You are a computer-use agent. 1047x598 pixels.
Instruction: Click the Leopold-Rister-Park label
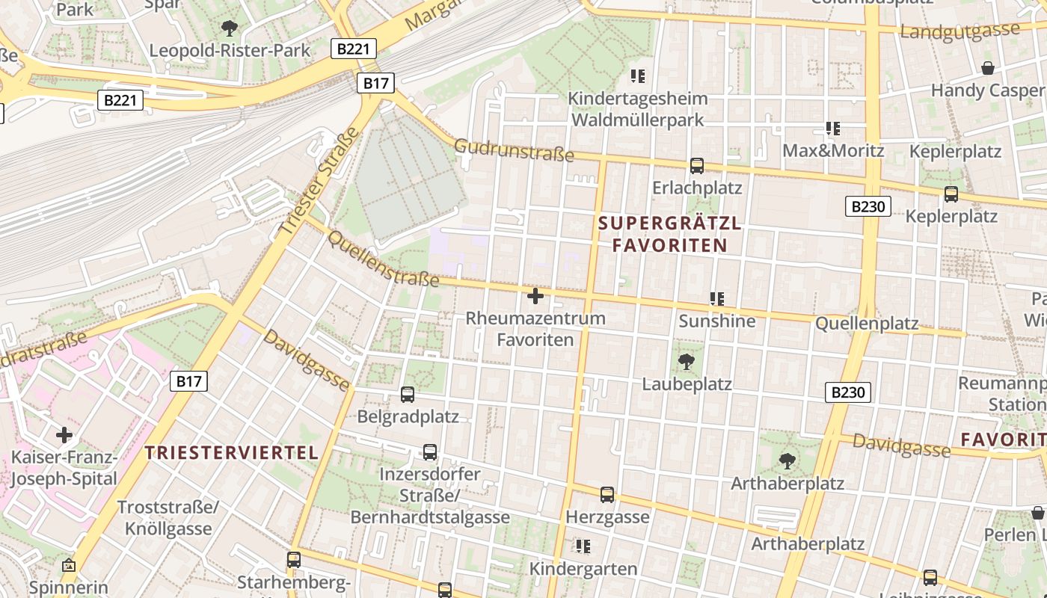tap(230, 51)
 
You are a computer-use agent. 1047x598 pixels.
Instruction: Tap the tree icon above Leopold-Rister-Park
tap(230, 29)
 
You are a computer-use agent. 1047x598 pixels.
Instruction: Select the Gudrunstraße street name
tap(514, 149)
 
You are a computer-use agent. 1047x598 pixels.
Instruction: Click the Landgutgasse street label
tap(960, 31)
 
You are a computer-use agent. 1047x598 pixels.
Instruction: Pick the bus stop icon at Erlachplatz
tap(697, 166)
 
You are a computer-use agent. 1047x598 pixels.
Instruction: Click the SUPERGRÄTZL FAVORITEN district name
tap(670, 234)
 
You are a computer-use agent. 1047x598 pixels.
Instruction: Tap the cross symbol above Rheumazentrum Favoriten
tap(535, 297)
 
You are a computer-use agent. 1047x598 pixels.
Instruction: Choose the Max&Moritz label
tap(833, 150)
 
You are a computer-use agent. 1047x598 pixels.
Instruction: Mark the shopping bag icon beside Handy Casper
tap(988, 68)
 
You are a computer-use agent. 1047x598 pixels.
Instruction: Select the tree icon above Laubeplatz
tap(686, 363)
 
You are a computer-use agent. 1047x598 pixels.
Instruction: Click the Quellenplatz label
tap(867, 324)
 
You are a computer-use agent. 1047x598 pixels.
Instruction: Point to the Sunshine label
tap(717, 321)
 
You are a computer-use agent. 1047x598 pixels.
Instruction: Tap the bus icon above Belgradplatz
tap(408, 394)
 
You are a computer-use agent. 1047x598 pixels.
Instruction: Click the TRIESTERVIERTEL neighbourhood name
tap(232, 452)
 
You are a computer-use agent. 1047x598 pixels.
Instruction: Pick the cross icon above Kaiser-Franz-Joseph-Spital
tap(64, 434)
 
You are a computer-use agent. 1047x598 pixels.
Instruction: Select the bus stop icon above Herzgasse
tap(607, 494)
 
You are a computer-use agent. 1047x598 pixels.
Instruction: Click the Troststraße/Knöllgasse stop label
tap(168, 518)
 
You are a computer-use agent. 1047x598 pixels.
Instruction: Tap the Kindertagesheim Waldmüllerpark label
tap(637, 109)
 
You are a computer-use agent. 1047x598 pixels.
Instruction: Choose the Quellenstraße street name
tap(383, 258)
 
